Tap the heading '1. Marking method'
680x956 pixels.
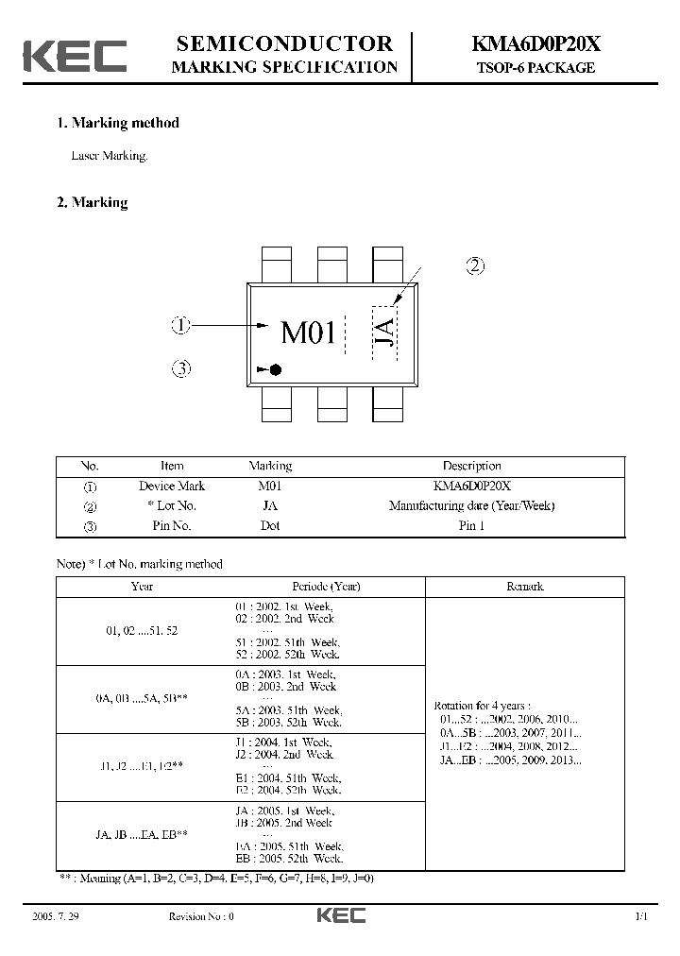click(x=118, y=123)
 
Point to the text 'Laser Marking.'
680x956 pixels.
click(x=110, y=156)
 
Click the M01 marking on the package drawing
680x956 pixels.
click(x=309, y=333)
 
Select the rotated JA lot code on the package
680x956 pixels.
click(x=384, y=333)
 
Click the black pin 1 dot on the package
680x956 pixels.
click(x=276, y=369)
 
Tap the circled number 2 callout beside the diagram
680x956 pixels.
click(x=475, y=266)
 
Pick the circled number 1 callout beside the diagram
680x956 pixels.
click(x=181, y=326)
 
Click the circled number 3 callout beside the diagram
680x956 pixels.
click(x=181, y=368)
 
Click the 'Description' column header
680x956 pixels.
click(x=471, y=466)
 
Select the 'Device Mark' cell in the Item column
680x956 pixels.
click(x=172, y=486)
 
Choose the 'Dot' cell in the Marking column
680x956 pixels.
click(x=270, y=526)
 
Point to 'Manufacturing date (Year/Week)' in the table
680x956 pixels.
click(x=471, y=505)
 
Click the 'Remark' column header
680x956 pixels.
click(x=525, y=587)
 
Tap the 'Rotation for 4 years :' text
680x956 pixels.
click(x=482, y=706)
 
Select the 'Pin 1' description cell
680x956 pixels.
click(x=471, y=526)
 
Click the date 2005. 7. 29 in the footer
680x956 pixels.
click(x=53, y=916)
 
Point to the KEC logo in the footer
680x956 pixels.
click(x=340, y=915)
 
